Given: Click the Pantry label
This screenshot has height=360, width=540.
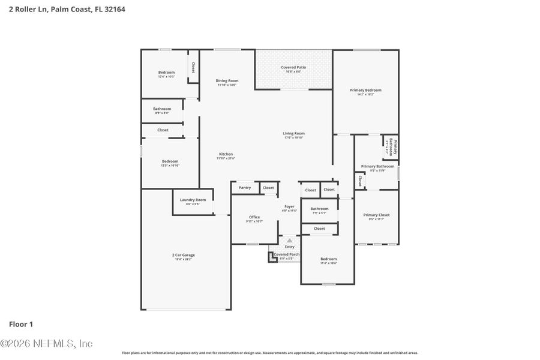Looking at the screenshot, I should [x=245, y=188].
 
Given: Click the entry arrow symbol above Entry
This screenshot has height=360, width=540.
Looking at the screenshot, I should [x=290, y=240].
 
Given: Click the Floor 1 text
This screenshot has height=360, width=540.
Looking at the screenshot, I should [x=21, y=324].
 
